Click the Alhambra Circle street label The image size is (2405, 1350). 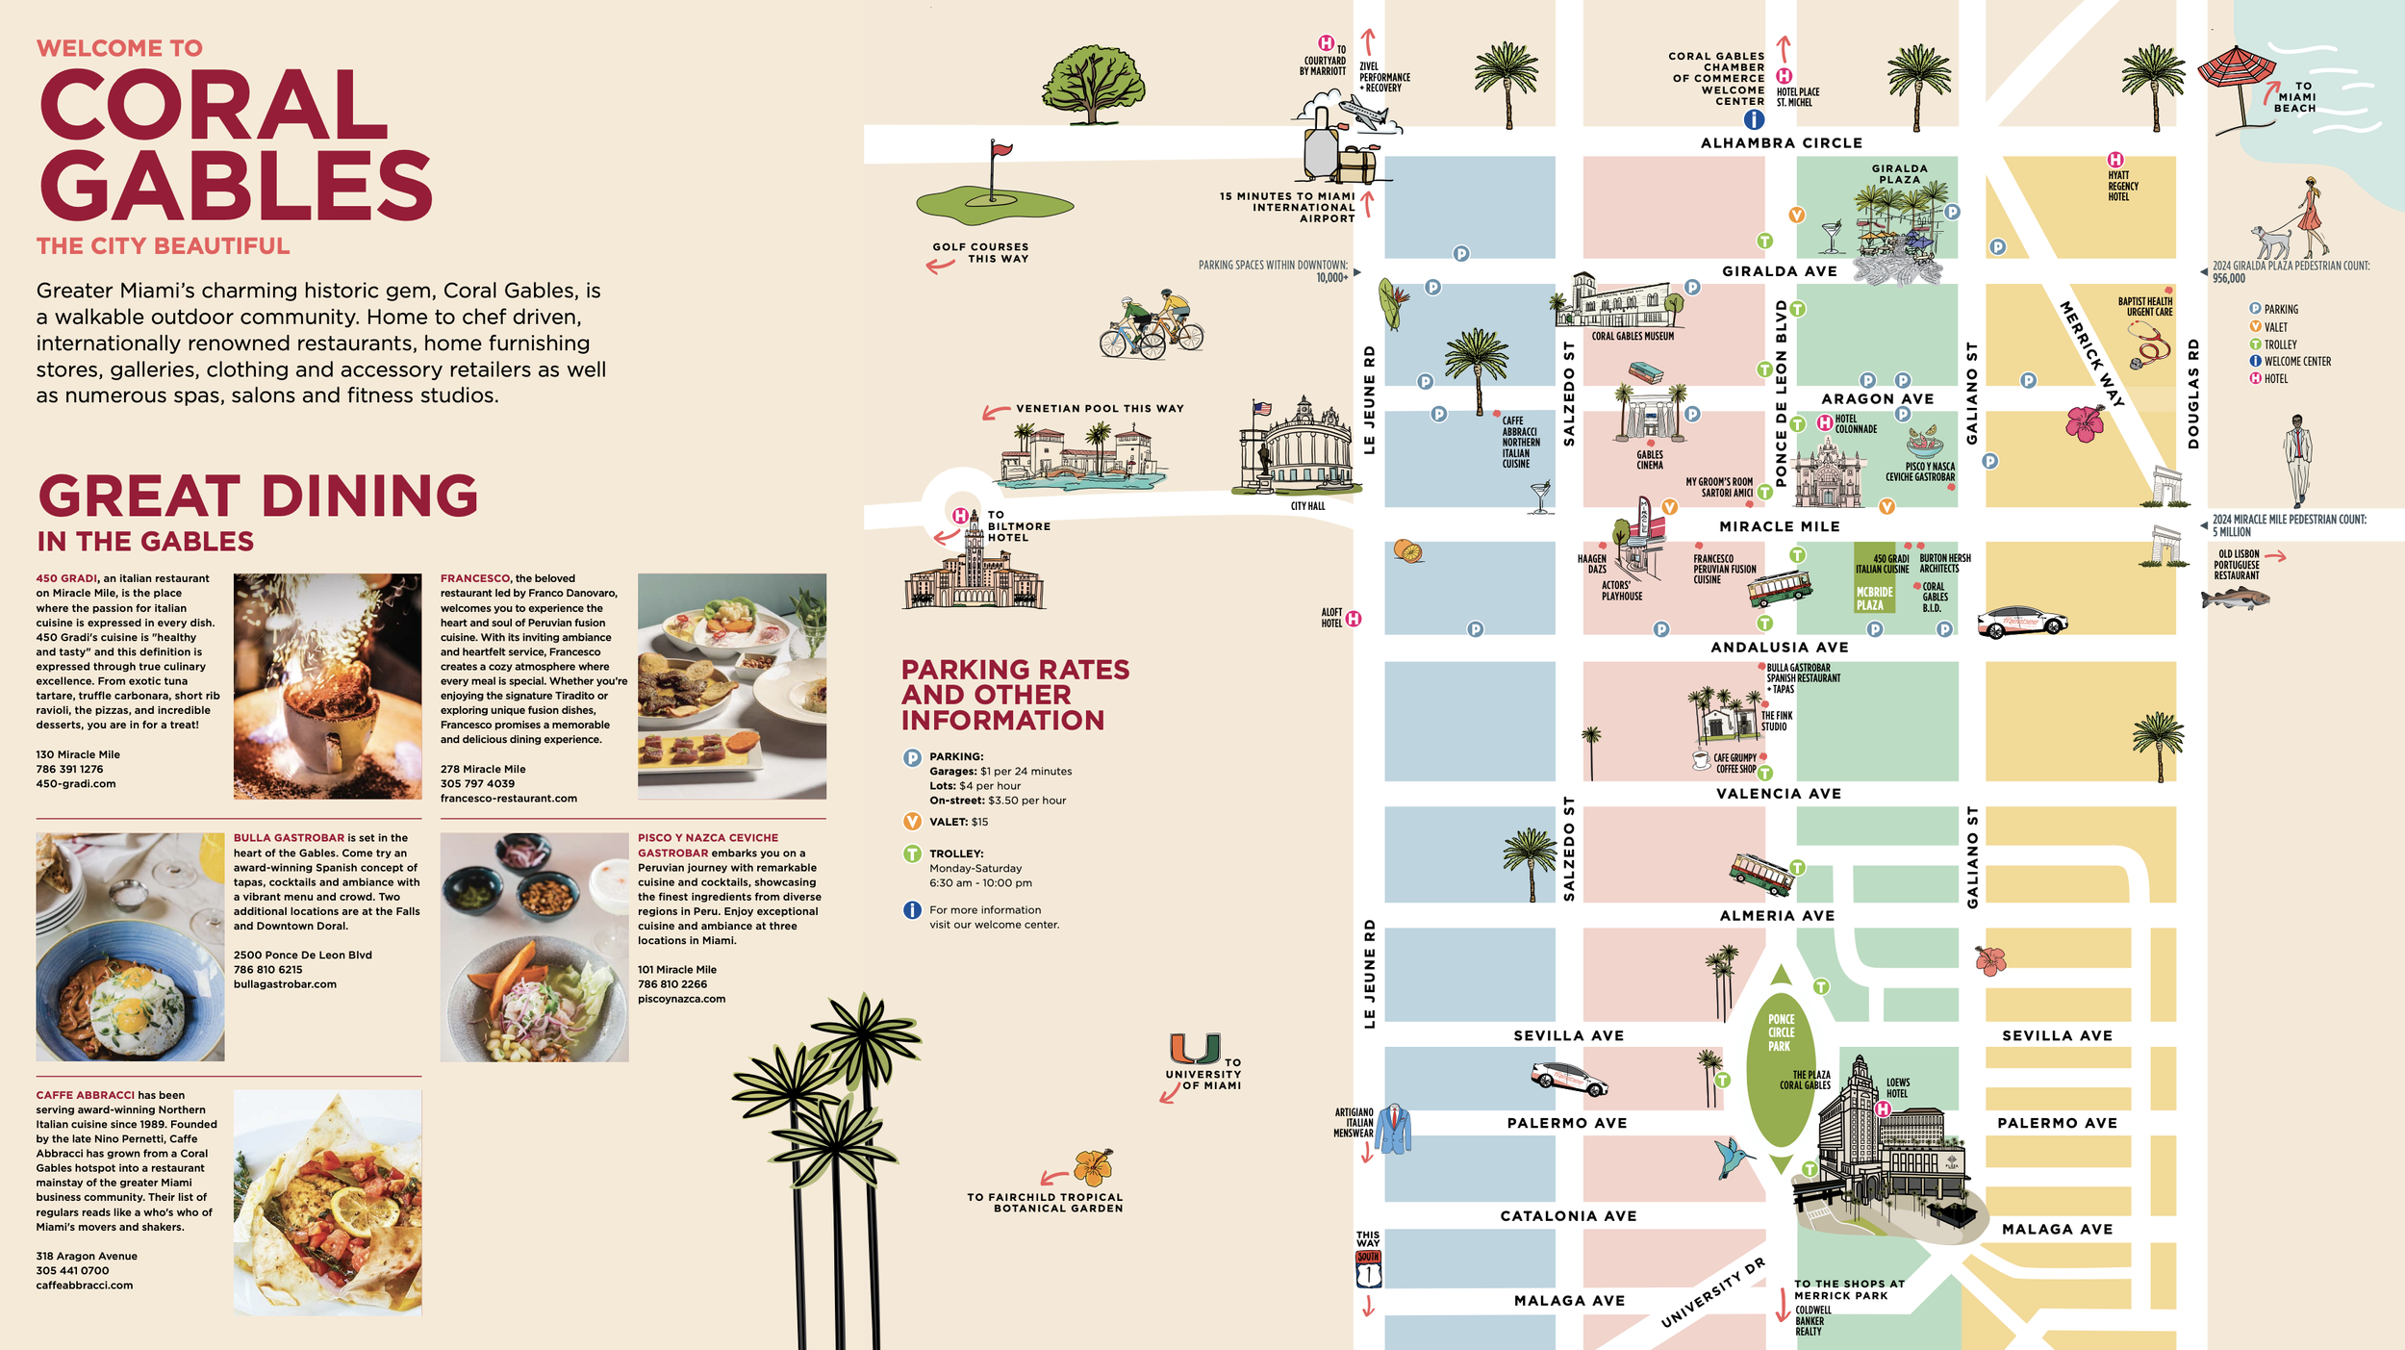click(x=1781, y=143)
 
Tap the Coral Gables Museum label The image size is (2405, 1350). click(x=1633, y=337)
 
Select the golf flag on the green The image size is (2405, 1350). click(x=1000, y=152)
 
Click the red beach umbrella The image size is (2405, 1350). click(x=2237, y=72)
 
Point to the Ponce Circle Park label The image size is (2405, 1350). click(x=1780, y=1032)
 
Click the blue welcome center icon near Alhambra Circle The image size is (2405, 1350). click(x=1754, y=119)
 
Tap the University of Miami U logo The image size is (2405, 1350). click(x=1195, y=1048)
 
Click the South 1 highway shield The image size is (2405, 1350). click(x=1368, y=1270)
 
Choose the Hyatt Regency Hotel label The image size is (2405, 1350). click(x=2118, y=186)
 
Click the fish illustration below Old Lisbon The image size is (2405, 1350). click(x=2235, y=599)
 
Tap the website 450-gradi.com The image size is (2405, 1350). click(x=76, y=784)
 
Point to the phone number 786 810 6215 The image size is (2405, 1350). click(x=267, y=970)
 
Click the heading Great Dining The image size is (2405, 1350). click(x=258, y=497)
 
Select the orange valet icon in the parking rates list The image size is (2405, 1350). click(x=912, y=822)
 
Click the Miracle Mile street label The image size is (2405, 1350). click(x=1779, y=527)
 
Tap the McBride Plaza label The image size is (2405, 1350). click(x=1873, y=599)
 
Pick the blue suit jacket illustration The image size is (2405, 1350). click(x=1393, y=1130)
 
